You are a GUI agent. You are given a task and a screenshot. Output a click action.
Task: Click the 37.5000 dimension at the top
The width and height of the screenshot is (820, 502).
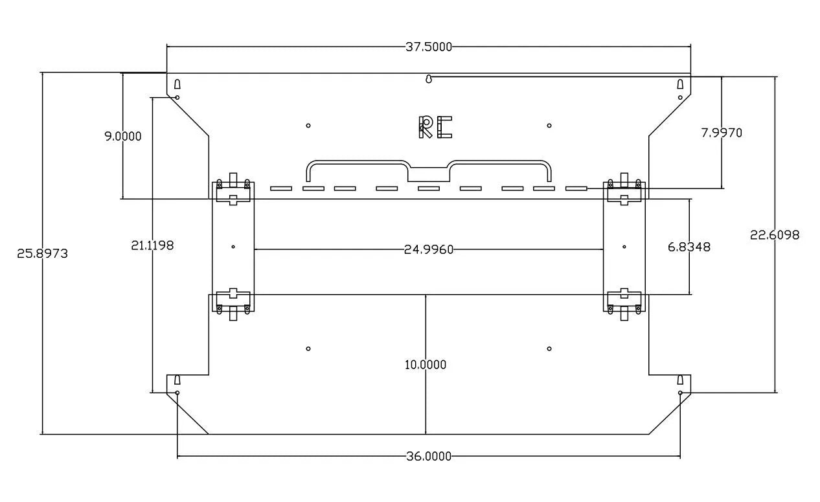(429, 47)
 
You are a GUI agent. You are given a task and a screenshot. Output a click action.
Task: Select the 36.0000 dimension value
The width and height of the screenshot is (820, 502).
(429, 456)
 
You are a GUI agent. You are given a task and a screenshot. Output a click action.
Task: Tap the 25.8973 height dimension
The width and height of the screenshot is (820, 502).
(43, 253)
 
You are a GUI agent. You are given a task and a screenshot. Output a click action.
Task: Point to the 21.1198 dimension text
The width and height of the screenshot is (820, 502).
(152, 245)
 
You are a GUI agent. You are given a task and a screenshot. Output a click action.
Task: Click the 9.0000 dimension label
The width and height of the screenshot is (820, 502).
(123, 136)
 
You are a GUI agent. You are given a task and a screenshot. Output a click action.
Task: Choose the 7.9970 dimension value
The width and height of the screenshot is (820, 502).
(722, 133)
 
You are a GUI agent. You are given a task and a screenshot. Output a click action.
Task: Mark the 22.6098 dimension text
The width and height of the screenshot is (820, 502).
(775, 234)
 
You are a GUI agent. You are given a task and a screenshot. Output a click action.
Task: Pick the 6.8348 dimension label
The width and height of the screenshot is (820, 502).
(689, 247)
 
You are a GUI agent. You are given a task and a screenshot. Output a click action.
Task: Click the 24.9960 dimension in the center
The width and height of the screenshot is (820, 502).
(429, 250)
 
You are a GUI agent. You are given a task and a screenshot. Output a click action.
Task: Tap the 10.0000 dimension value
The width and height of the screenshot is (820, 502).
(426, 365)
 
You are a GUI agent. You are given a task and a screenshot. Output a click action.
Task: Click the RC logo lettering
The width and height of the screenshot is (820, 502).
(435, 127)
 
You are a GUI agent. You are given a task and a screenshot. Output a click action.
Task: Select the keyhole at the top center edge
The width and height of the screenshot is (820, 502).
(429, 79)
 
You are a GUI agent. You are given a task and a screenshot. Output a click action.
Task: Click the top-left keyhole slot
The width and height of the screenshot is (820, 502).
(177, 84)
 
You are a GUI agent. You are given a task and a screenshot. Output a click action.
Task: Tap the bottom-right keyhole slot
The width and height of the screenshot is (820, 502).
(680, 380)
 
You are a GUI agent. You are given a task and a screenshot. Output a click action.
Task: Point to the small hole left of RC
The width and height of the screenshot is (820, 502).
(308, 126)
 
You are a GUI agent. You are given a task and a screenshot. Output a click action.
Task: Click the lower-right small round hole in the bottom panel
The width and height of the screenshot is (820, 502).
(549, 348)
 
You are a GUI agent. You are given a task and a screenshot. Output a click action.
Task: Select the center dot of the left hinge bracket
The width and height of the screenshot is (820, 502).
(233, 247)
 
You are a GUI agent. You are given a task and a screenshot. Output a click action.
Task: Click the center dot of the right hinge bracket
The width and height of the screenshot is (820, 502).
(624, 247)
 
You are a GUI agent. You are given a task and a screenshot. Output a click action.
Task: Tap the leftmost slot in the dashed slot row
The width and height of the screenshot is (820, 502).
(281, 188)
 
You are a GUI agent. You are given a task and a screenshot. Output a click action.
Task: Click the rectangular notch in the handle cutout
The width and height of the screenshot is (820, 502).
(429, 175)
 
